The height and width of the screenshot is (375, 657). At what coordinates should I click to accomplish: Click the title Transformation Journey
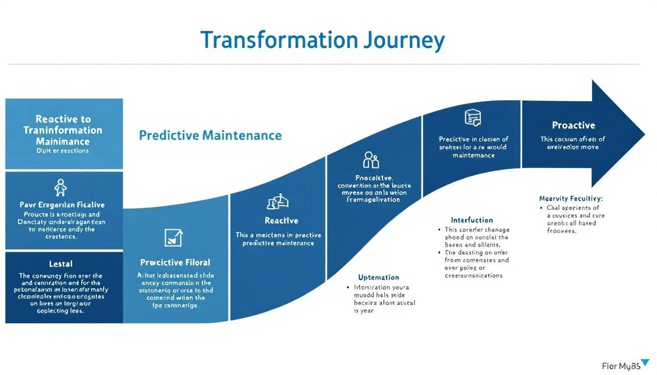pyautogui.click(x=323, y=41)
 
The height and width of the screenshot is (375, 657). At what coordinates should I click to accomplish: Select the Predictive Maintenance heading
pyautogui.click(x=210, y=135)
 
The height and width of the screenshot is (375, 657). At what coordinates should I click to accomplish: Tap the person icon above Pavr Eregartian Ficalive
pyautogui.click(x=61, y=187)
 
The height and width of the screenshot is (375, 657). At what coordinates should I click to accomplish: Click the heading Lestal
pyautogui.click(x=61, y=264)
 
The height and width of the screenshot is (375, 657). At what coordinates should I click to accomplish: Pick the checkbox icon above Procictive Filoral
pyautogui.click(x=175, y=237)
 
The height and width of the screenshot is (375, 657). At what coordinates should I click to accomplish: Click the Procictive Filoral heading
pyautogui.click(x=175, y=262)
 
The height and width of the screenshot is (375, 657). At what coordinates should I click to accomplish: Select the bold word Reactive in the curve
pyautogui.click(x=281, y=221)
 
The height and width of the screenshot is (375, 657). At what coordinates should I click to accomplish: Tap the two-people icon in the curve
pyautogui.click(x=371, y=159)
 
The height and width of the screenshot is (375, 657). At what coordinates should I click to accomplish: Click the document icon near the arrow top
pyautogui.click(x=472, y=118)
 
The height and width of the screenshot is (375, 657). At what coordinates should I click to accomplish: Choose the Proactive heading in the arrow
pyautogui.click(x=573, y=125)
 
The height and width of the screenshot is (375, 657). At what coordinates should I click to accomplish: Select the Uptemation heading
pyautogui.click(x=378, y=277)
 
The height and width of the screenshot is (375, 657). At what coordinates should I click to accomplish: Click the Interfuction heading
pyautogui.click(x=472, y=220)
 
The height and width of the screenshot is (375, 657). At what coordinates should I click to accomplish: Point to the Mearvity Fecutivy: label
pyautogui.click(x=570, y=199)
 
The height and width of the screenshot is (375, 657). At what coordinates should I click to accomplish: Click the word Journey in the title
pyautogui.click(x=404, y=41)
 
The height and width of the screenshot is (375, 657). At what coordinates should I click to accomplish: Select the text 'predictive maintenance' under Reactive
pyautogui.click(x=278, y=243)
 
